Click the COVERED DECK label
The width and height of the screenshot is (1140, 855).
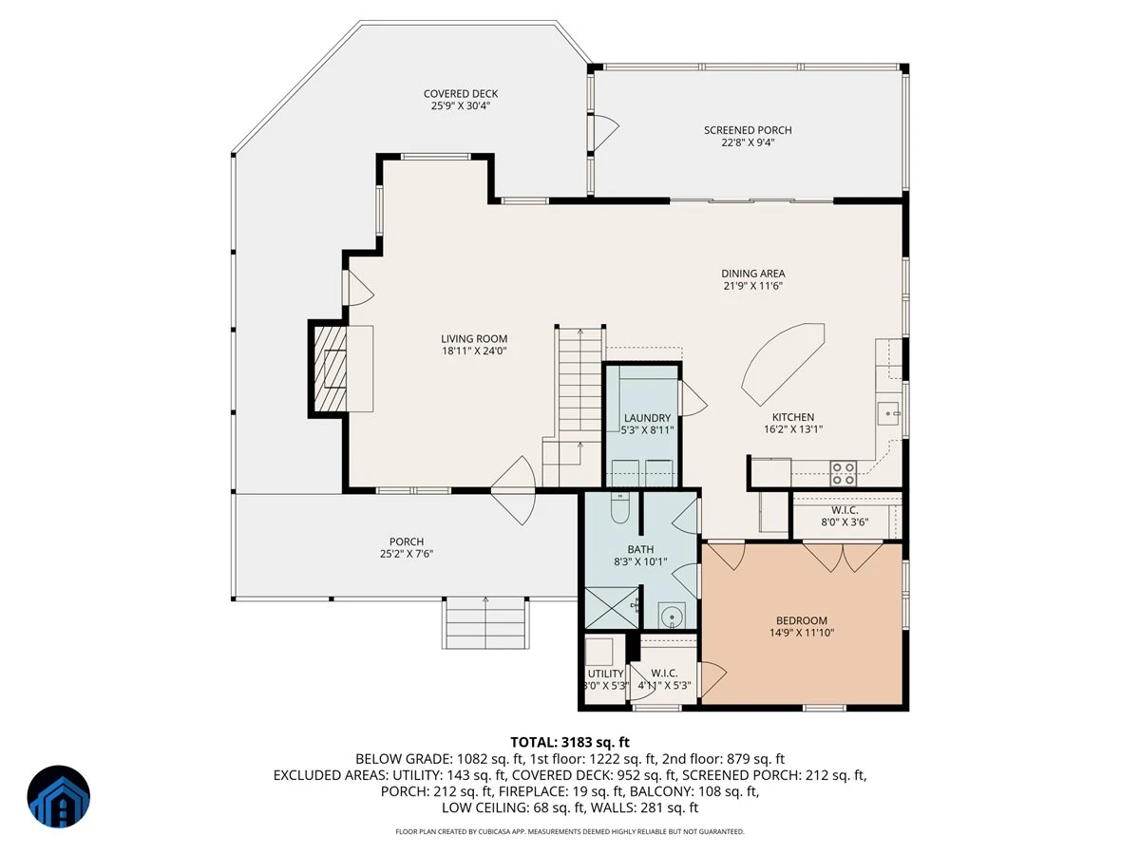click(460, 94)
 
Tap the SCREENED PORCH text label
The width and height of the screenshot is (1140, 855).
click(748, 130)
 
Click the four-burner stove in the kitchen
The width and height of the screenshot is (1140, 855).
click(843, 473)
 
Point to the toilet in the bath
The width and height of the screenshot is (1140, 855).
click(620, 508)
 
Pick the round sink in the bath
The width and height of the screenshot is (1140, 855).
click(672, 617)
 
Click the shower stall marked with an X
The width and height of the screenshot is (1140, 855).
click(612, 608)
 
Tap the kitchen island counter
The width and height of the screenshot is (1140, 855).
click(783, 364)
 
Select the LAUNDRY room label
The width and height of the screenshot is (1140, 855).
click(647, 418)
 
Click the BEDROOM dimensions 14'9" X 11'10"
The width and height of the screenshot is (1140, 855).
click(802, 633)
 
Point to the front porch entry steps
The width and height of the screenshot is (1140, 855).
click(485, 622)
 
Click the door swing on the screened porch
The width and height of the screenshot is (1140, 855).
click(606, 132)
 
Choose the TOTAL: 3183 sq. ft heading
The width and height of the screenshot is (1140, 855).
click(570, 742)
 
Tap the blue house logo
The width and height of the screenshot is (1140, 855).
click(59, 796)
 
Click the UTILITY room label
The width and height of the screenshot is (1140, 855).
click(605, 674)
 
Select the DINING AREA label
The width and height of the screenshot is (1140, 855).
click(753, 274)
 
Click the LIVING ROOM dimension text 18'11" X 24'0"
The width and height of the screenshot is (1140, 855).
click(474, 351)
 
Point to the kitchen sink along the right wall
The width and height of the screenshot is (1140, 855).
click(888, 414)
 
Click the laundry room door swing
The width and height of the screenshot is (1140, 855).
click(693, 399)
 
